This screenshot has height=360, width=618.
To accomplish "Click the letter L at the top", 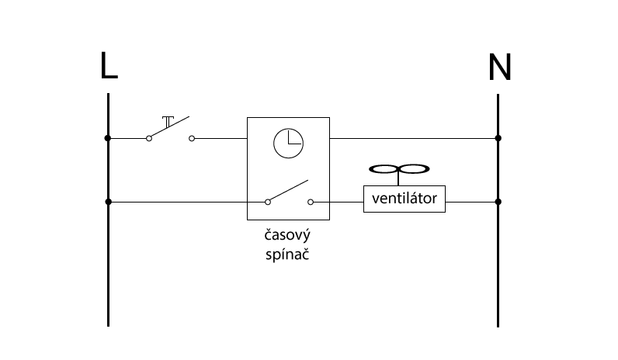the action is pyautogui.click(x=109, y=65).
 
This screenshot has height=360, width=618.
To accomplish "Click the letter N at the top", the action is pyautogui.click(x=500, y=67).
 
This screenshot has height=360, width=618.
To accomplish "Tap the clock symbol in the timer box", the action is pyautogui.click(x=289, y=144).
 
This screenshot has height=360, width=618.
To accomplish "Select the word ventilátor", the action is pyautogui.click(x=404, y=199).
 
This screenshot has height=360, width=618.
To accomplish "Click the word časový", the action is pyautogui.click(x=287, y=236).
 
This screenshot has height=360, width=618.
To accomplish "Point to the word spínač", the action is pyautogui.click(x=287, y=254).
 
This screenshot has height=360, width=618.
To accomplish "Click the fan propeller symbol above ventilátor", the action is pyautogui.click(x=399, y=169).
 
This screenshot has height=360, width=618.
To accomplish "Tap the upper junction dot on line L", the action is pyautogui.click(x=108, y=138).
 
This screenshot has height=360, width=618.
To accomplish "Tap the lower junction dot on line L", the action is pyautogui.click(x=109, y=202).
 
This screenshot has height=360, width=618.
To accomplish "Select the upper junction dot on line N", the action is pyautogui.click(x=498, y=138).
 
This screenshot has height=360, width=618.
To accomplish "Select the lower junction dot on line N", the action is pyautogui.click(x=498, y=202).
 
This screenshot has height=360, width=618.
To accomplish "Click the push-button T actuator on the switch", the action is pyautogui.click(x=168, y=122).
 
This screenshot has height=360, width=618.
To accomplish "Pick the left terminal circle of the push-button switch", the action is pyautogui.click(x=149, y=139).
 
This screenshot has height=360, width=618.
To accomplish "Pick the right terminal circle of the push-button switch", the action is pyautogui.click(x=192, y=139).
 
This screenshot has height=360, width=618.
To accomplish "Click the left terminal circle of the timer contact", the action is pyautogui.click(x=268, y=202).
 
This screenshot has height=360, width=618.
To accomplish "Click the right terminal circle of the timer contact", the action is pyautogui.click(x=311, y=202).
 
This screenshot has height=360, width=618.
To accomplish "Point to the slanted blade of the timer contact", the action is pyautogui.click(x=289, y=190).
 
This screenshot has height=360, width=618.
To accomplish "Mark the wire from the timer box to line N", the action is pyautogui.click(x=414, y=139).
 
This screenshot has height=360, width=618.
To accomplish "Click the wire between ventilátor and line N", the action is pyautogui.click(x=472, y=202).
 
